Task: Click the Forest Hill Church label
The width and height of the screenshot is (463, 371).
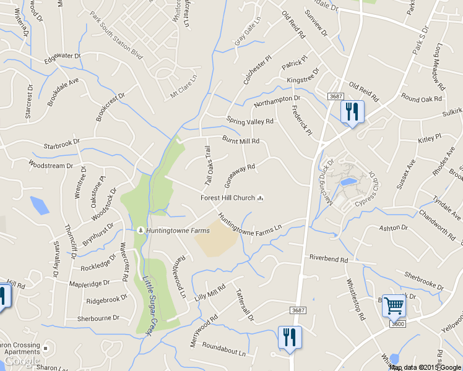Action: coord(228,198)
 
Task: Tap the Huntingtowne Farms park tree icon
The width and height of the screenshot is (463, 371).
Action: coord(141,231)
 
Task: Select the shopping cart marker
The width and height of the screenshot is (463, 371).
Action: coord(394,305)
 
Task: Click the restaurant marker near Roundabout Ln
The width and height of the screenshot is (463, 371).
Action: coord(289,337)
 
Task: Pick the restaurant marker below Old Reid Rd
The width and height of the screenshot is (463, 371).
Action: coord(352,112)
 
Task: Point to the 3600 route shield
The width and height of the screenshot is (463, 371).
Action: coord(397,323)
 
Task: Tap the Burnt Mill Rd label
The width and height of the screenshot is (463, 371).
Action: coord(241,140)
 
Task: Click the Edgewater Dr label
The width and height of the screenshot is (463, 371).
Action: coord(63,58)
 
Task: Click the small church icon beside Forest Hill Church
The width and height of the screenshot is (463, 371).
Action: coord(261,198)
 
